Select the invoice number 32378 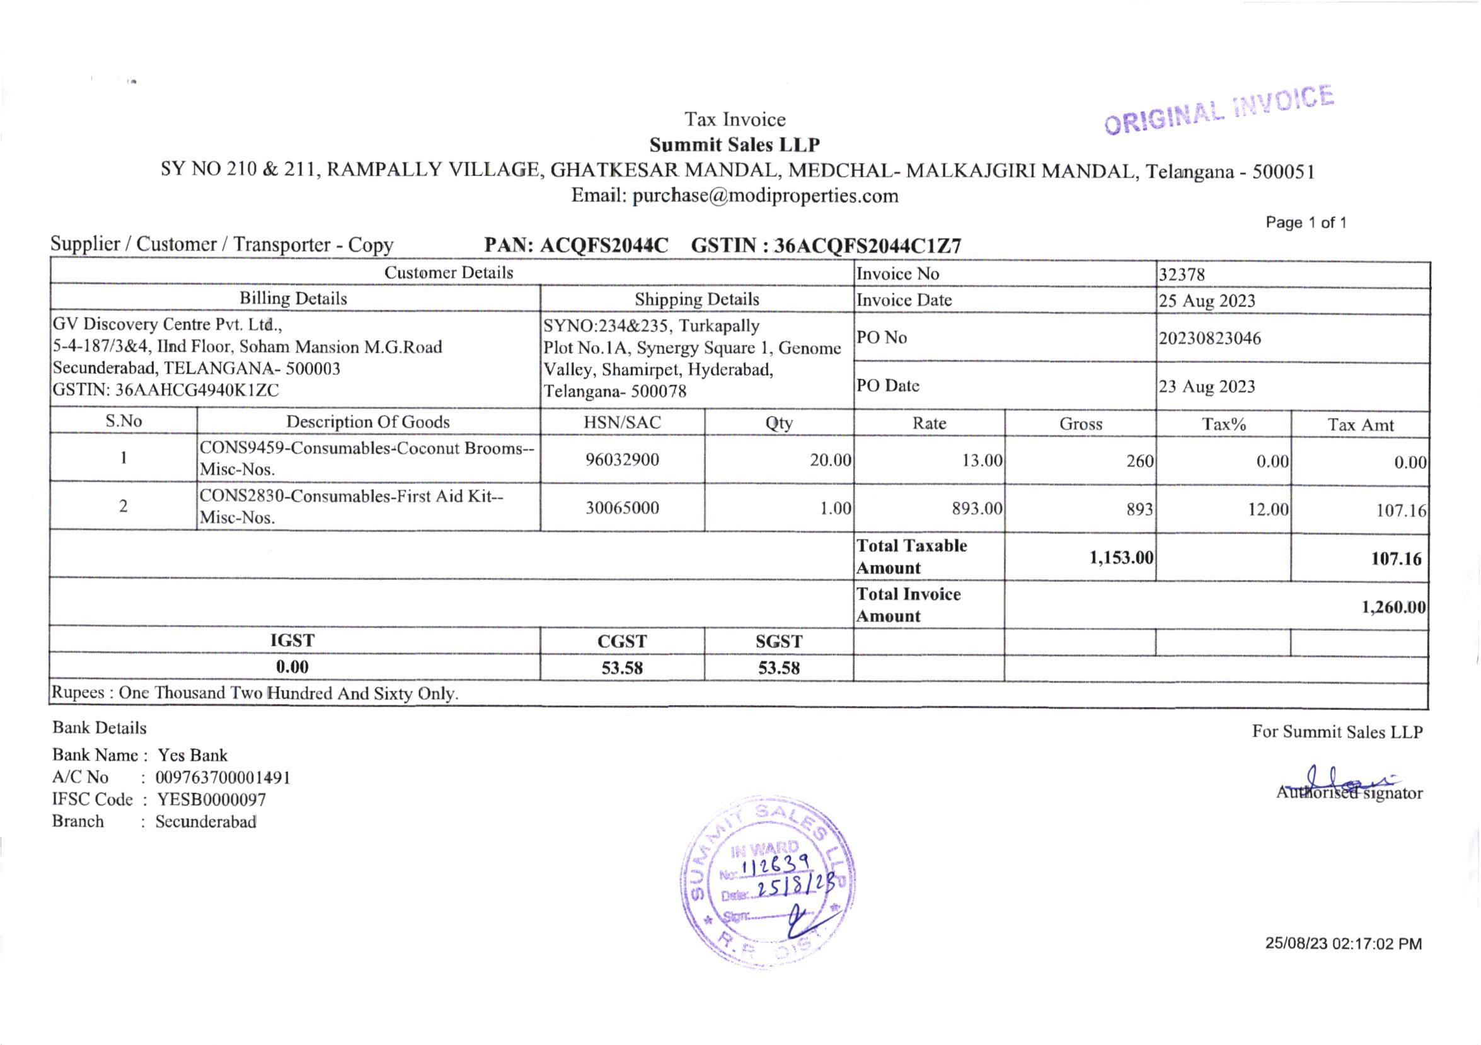point(1181,275)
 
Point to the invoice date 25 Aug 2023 point(1206,301)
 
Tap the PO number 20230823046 point(1209,338)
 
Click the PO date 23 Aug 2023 point(1206,386)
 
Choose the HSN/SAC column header point(622,422)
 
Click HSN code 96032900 point(622,460)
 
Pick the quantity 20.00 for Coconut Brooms point(830,461)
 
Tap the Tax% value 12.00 point(1267,510)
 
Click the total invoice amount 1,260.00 point(1393,607)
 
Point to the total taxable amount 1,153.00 point(1121,558)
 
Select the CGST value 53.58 point(622,667)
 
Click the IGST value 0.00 point(292,667)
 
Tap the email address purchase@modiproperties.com point(765,196)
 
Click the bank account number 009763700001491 point(222,778)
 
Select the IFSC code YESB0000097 point(212,800)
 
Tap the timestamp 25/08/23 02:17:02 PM point(1343,944)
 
